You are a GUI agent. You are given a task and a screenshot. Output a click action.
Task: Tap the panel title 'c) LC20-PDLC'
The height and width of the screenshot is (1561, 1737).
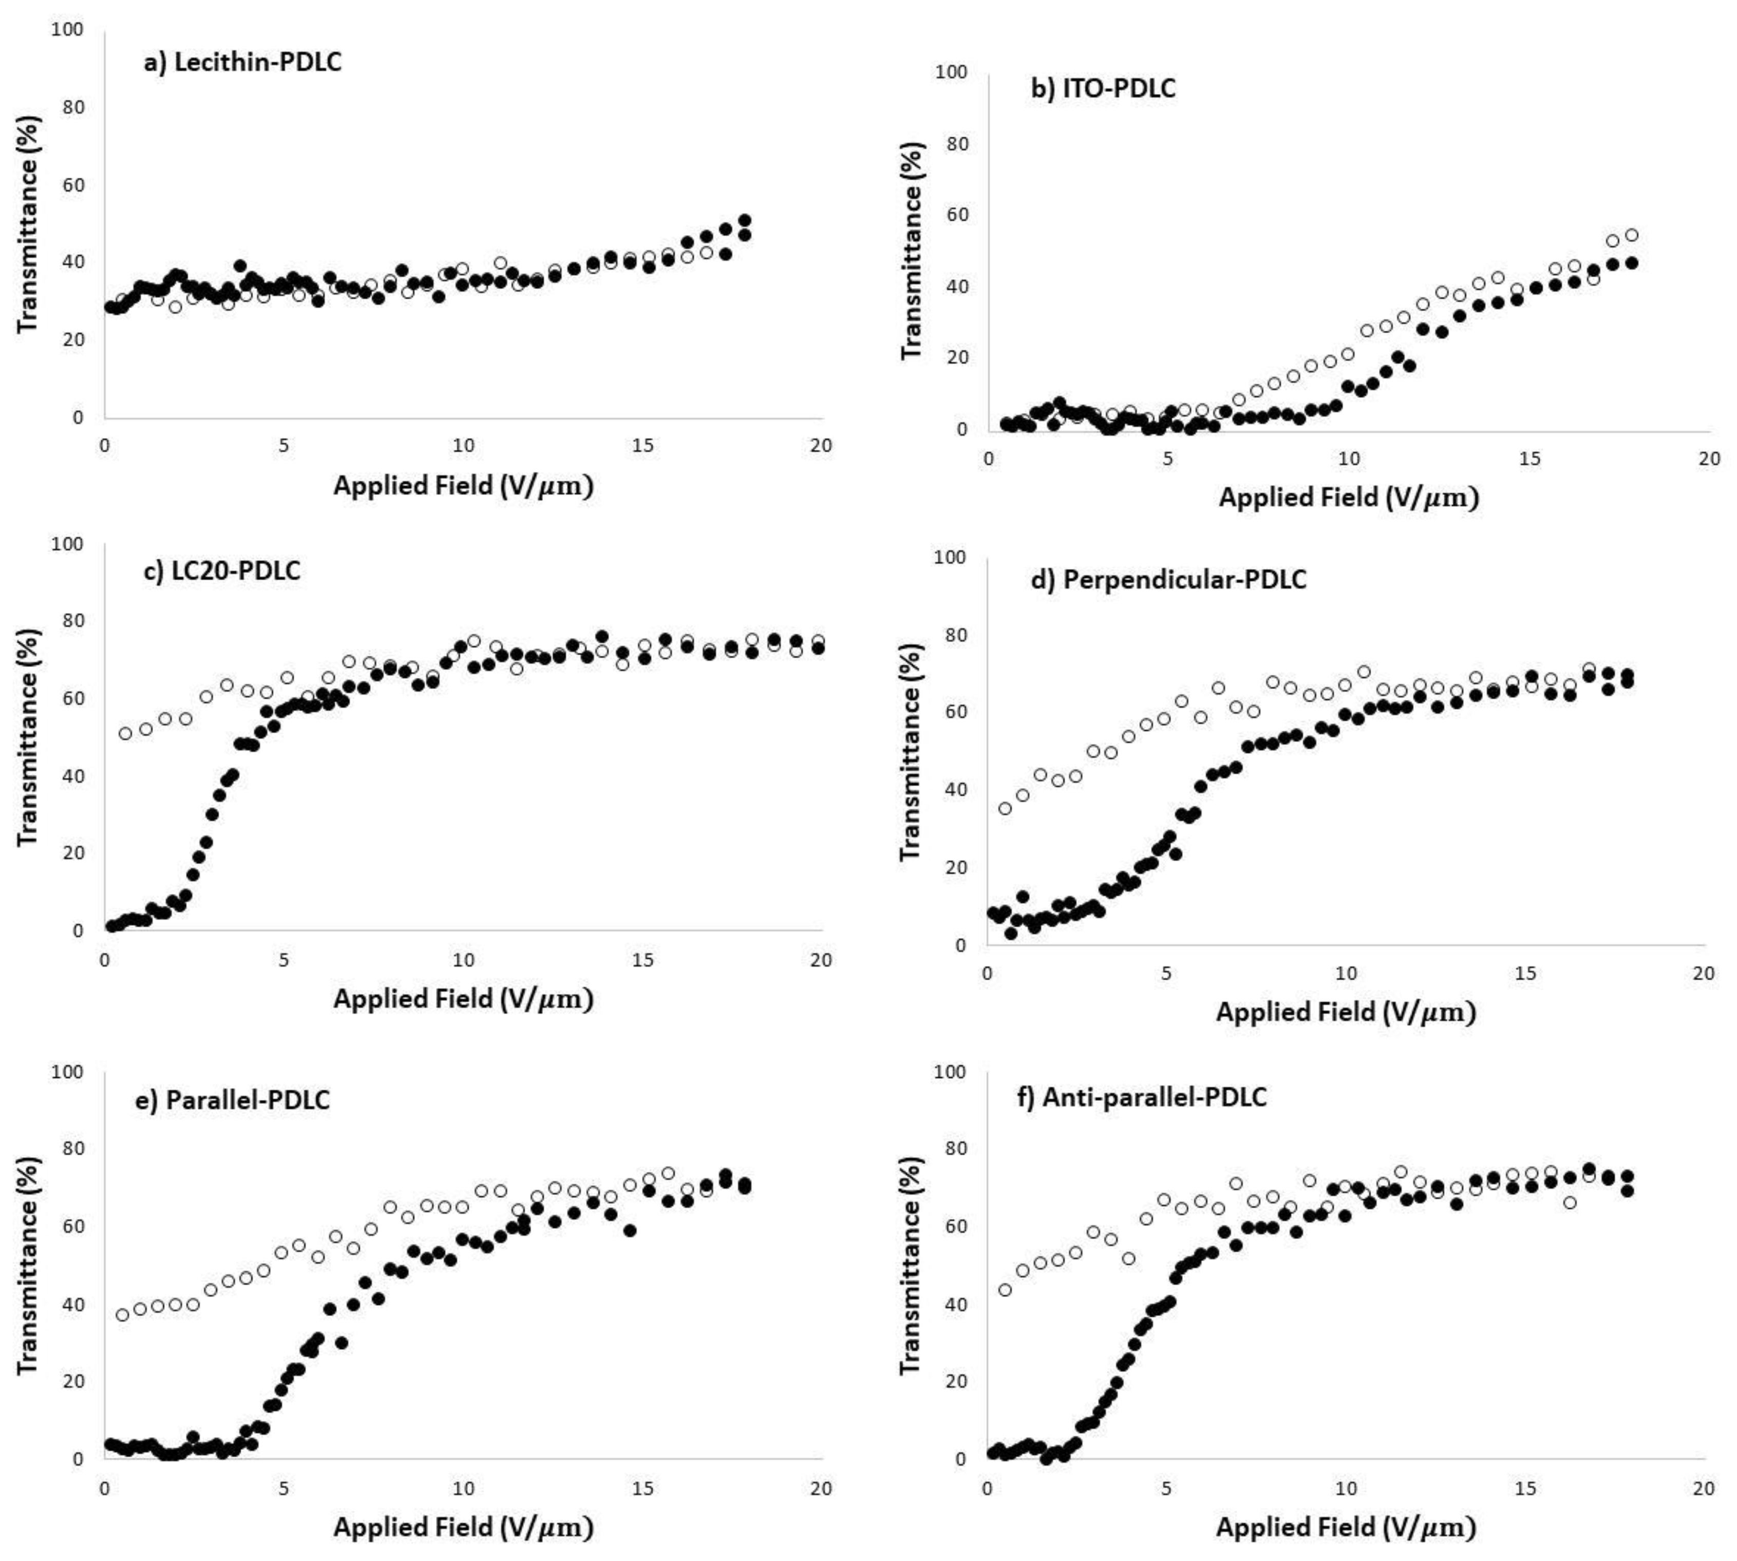point(222,570)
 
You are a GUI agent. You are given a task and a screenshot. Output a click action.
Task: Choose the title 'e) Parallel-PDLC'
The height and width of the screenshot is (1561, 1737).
point(233,1099)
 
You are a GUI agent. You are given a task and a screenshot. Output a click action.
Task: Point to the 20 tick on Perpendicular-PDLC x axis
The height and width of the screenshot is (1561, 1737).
point(1703,974)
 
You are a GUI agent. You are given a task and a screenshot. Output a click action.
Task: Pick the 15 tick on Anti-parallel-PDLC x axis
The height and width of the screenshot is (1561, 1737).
point(1524,1489)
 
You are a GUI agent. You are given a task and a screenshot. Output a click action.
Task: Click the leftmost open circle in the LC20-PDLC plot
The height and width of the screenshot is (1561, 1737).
point(125,733)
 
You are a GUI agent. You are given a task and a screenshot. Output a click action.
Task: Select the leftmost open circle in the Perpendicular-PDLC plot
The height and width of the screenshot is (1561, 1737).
point(1005,808)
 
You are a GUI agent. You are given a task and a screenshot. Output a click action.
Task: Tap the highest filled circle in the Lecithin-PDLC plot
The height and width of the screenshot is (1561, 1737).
point(745,220)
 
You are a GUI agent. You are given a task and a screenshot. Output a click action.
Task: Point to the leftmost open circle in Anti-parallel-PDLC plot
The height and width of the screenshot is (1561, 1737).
point(1005,1290)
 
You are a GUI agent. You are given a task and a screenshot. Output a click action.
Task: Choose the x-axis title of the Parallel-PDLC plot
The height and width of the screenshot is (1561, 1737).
point(463,1528)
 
